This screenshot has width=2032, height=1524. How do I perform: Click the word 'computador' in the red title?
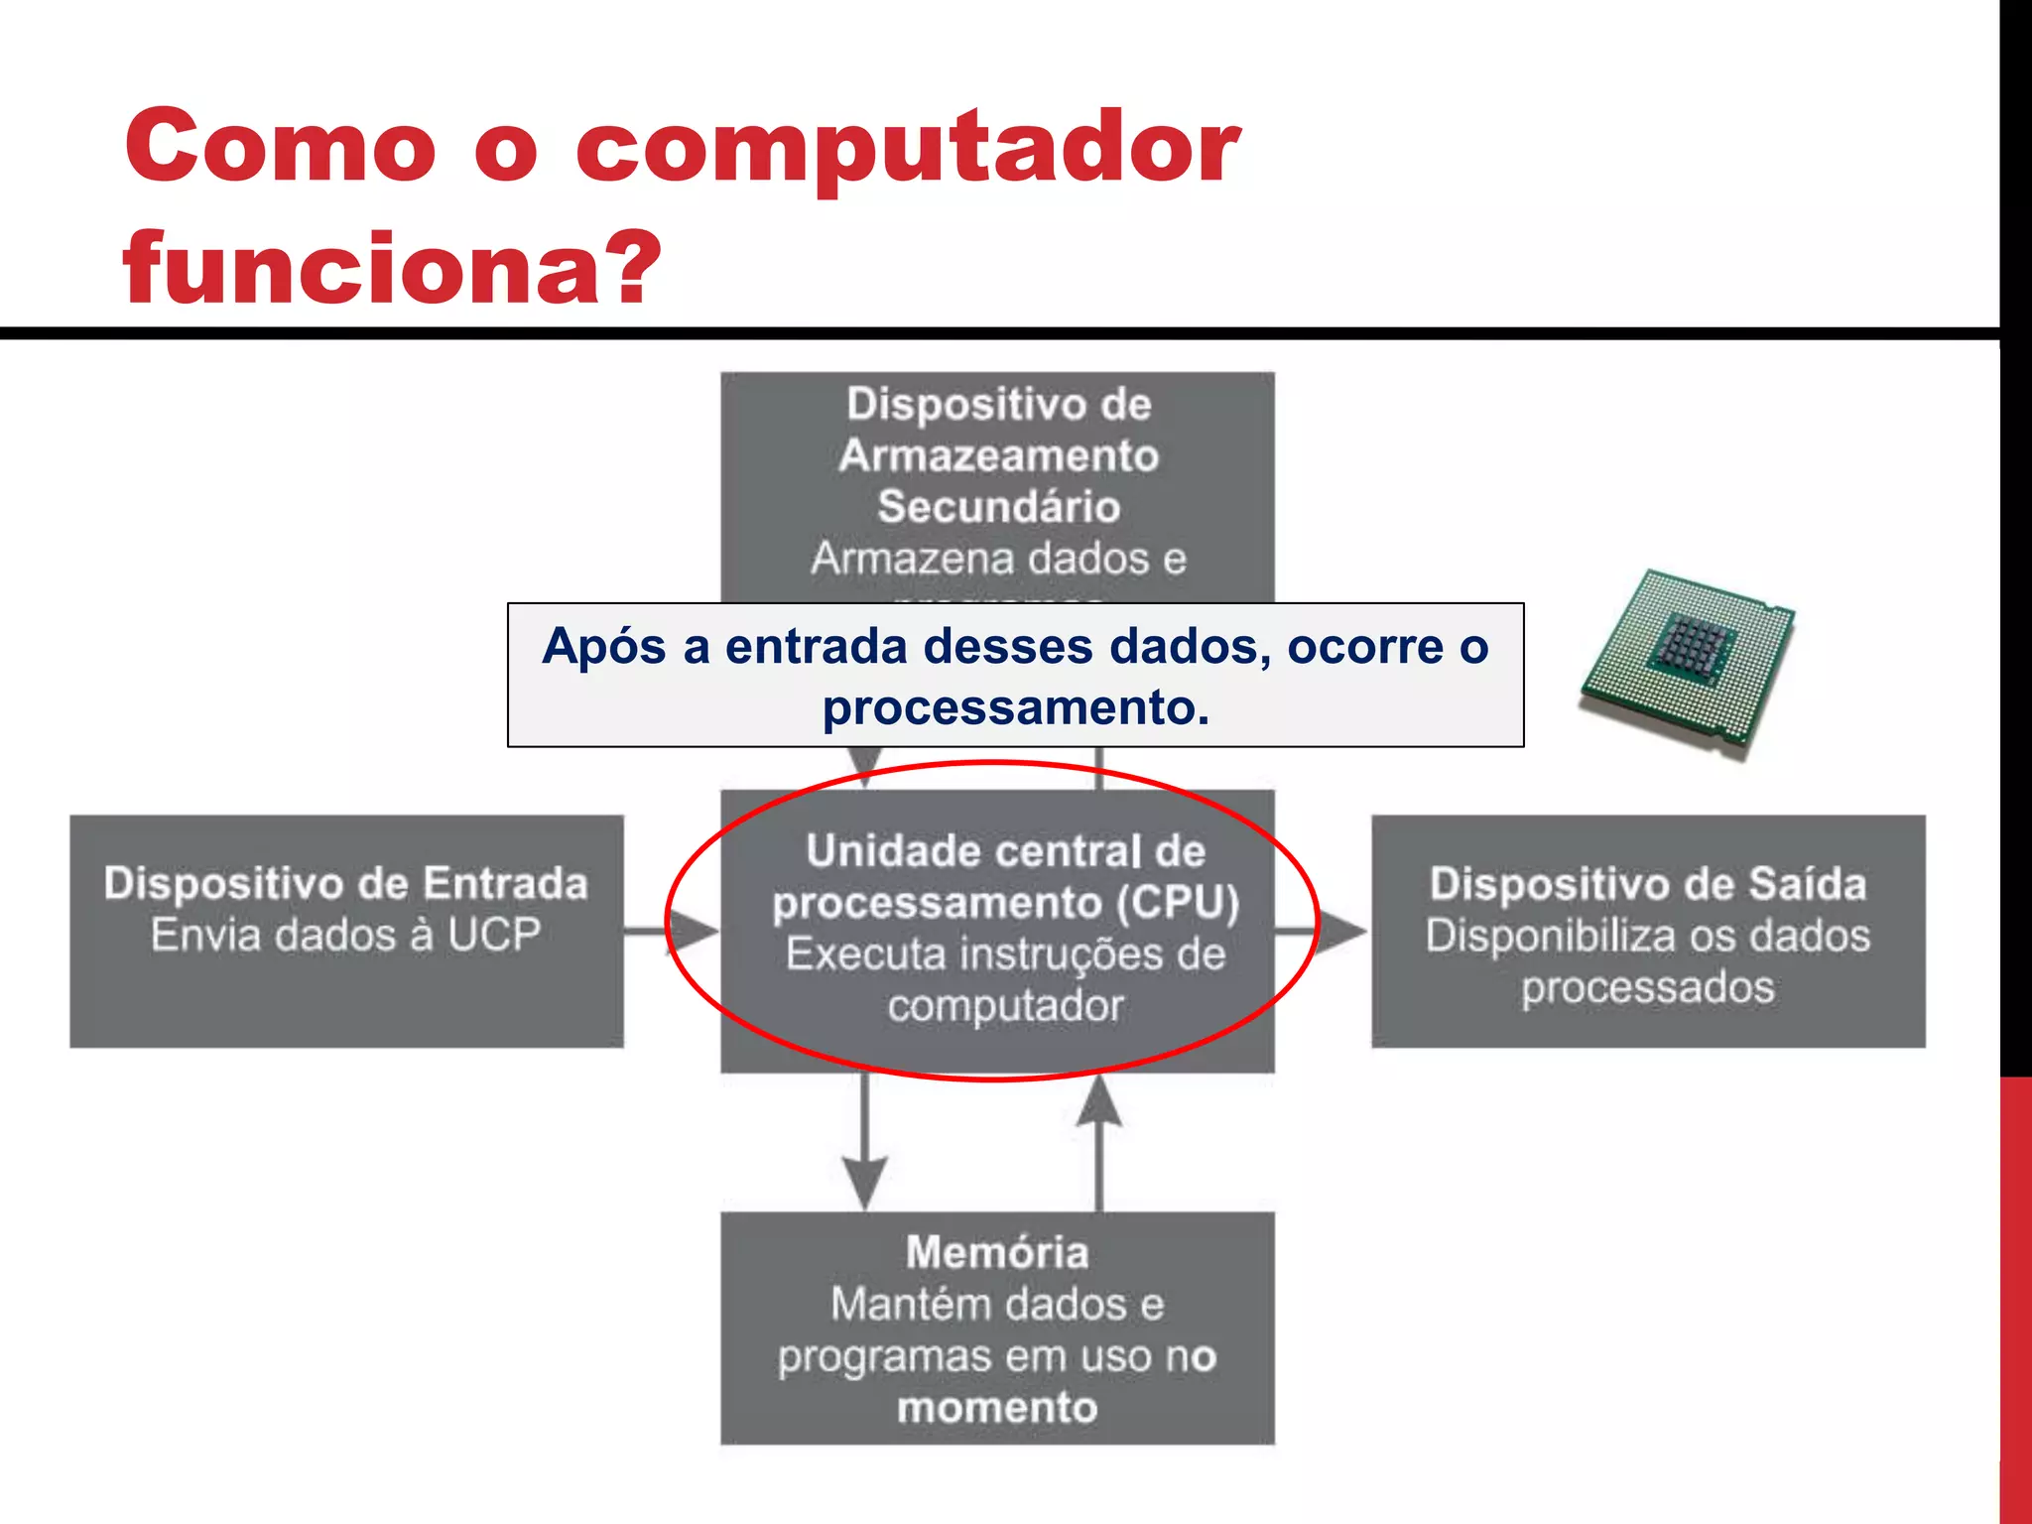(908, 149)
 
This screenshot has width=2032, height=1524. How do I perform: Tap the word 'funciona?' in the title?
(392, 268)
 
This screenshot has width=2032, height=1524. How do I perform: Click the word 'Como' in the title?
(280, 147)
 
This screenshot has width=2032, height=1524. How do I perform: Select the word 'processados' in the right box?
(1648, 988)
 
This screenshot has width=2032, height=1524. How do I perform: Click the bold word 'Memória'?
(997, 1252)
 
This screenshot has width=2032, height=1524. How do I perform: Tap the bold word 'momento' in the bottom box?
(997, 1408)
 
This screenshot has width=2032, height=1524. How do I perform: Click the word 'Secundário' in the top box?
(998, 507)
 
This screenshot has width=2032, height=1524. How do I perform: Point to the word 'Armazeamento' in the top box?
(998, 455)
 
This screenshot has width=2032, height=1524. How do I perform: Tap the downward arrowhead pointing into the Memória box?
(865, 1181)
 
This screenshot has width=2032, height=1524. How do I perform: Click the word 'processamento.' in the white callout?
(1016, 707)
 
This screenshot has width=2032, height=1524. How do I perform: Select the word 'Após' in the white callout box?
(604, 647)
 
